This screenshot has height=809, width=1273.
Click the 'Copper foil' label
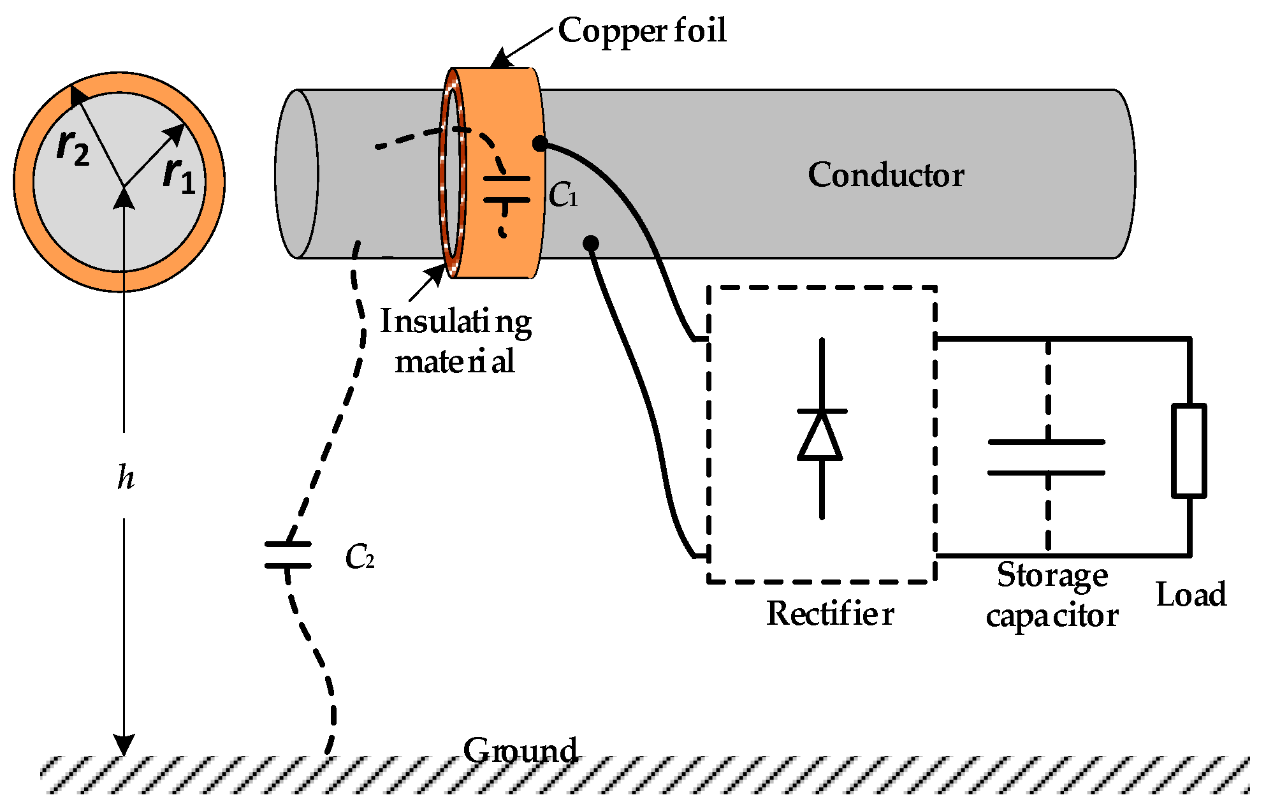click(x=641, y=31)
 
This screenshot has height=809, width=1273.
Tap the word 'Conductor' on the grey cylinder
click(x=885, y=175)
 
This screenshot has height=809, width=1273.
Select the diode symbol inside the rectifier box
click(x=821, y=435)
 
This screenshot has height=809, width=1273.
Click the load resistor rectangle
click(x=1189, y=450)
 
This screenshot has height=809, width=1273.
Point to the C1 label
click(x=563, y=195)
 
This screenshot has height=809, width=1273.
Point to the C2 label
click(x=359, y=558)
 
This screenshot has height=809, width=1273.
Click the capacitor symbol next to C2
click(x=288, y=555)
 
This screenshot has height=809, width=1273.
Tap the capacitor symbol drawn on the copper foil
click(x=506, y=189)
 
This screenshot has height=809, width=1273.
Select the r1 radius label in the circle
click(x=178, y=175)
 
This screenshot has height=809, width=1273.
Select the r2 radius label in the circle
click(x=73, y=147)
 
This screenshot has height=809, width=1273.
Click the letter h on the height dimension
click(x=126, y=477)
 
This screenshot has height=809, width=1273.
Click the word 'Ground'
click(x=520, y=750)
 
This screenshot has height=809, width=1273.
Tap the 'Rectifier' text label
click(x=829, y=613)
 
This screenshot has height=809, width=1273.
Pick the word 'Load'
click(x=1191, y=594)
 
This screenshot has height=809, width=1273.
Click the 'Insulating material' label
click(x=455, y=341)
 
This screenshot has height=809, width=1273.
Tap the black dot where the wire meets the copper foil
click(x=539, y=144)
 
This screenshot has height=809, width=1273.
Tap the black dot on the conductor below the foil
click(x=591, y=243)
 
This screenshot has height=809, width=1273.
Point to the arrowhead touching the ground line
click(x=124, y=745)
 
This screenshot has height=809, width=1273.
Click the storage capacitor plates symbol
click(x=1046, y=457)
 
